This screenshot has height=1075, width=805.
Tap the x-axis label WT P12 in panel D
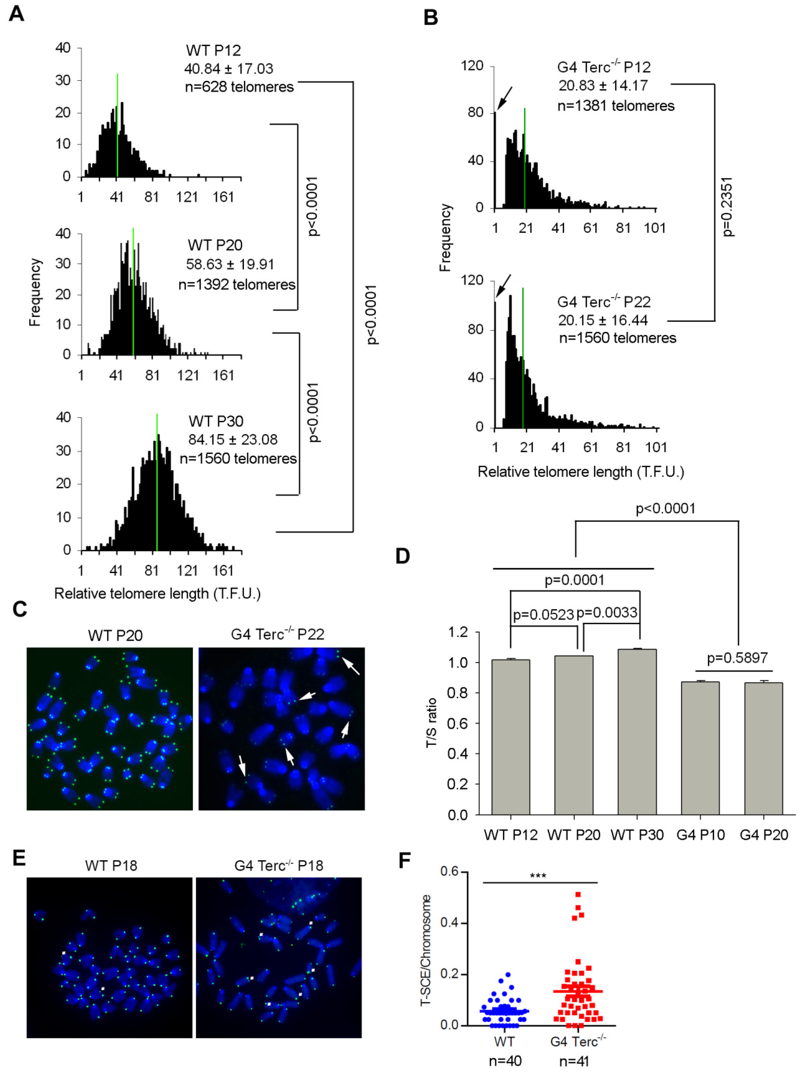(510, 835)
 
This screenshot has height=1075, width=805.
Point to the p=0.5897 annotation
(737, 658)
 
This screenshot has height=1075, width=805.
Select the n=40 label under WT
(505, 1061)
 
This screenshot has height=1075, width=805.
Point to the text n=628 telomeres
(239, 87)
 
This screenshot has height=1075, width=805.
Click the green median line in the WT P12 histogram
(117, 126)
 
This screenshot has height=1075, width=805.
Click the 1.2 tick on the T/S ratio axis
(458, 632)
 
